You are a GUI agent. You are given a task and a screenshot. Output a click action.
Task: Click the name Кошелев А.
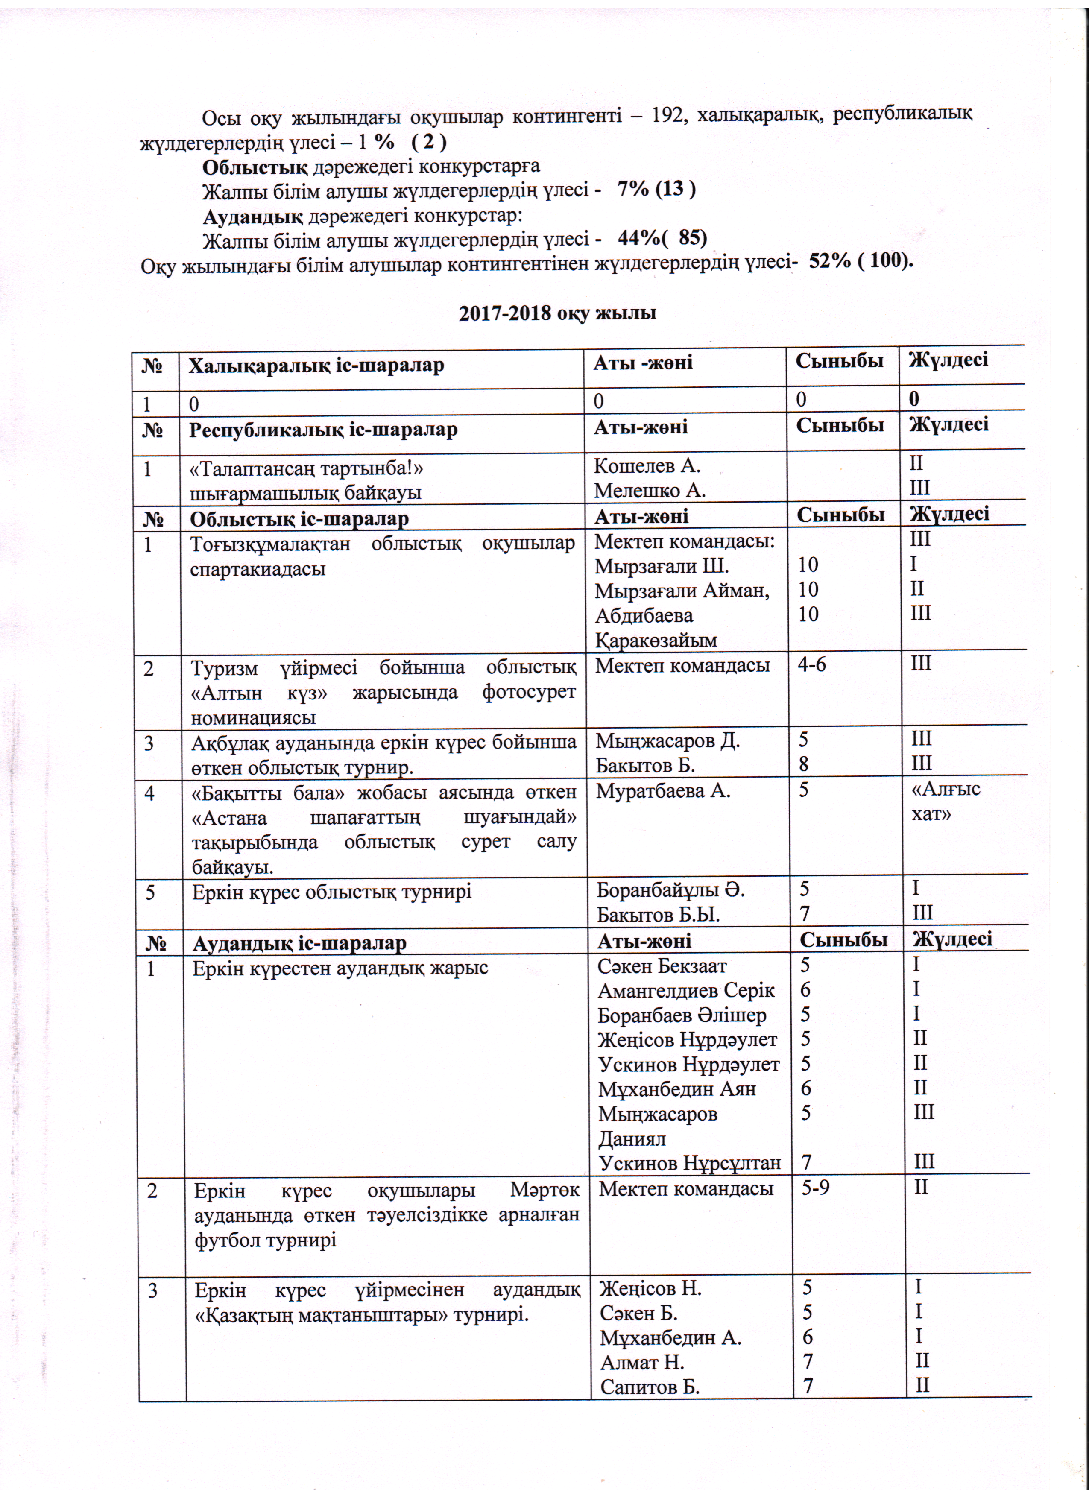pos(647,465)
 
